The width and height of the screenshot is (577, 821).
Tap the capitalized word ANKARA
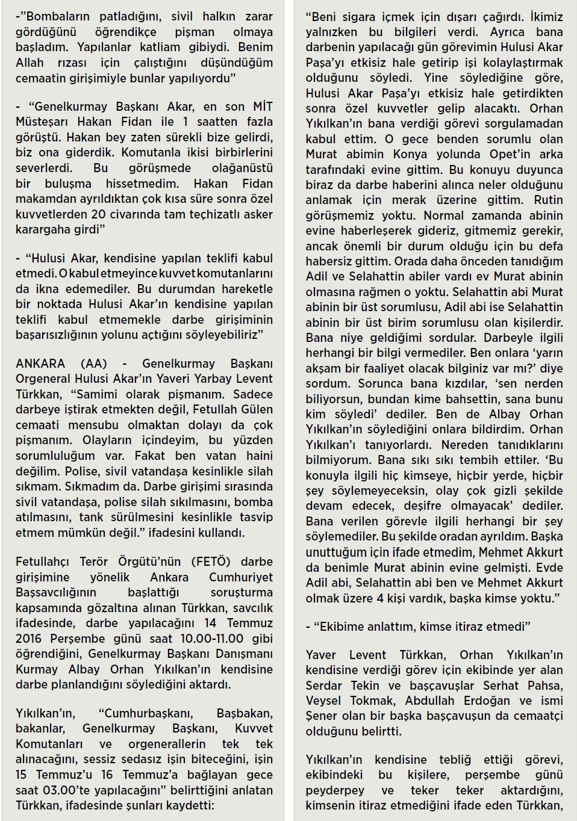[40, 364]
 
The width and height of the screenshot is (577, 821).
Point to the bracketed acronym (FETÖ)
[211, 562]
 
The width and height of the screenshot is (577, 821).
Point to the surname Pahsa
[545, 685]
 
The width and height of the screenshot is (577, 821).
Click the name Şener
[322, 716]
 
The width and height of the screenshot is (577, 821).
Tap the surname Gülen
[255, 409]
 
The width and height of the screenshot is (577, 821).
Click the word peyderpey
[334, 790]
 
